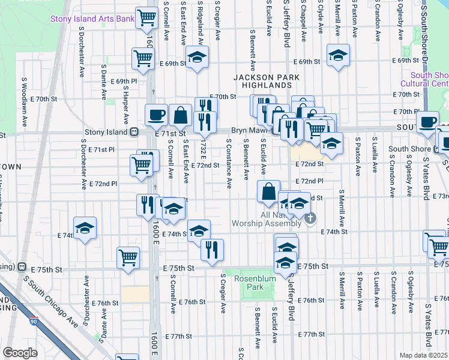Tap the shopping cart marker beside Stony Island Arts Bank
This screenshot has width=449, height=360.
click(x=146, y=18)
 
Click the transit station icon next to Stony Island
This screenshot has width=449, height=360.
click(x=135, y=131)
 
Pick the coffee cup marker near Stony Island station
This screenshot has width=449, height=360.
click(x=156, y=114)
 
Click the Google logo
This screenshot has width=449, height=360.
click(x=20, y=352)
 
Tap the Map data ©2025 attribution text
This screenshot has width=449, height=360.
click(x=423, y=355)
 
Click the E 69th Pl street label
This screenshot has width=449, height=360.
click(x=124, y=81)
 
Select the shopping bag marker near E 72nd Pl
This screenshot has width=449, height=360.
click(x=268, y=191)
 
